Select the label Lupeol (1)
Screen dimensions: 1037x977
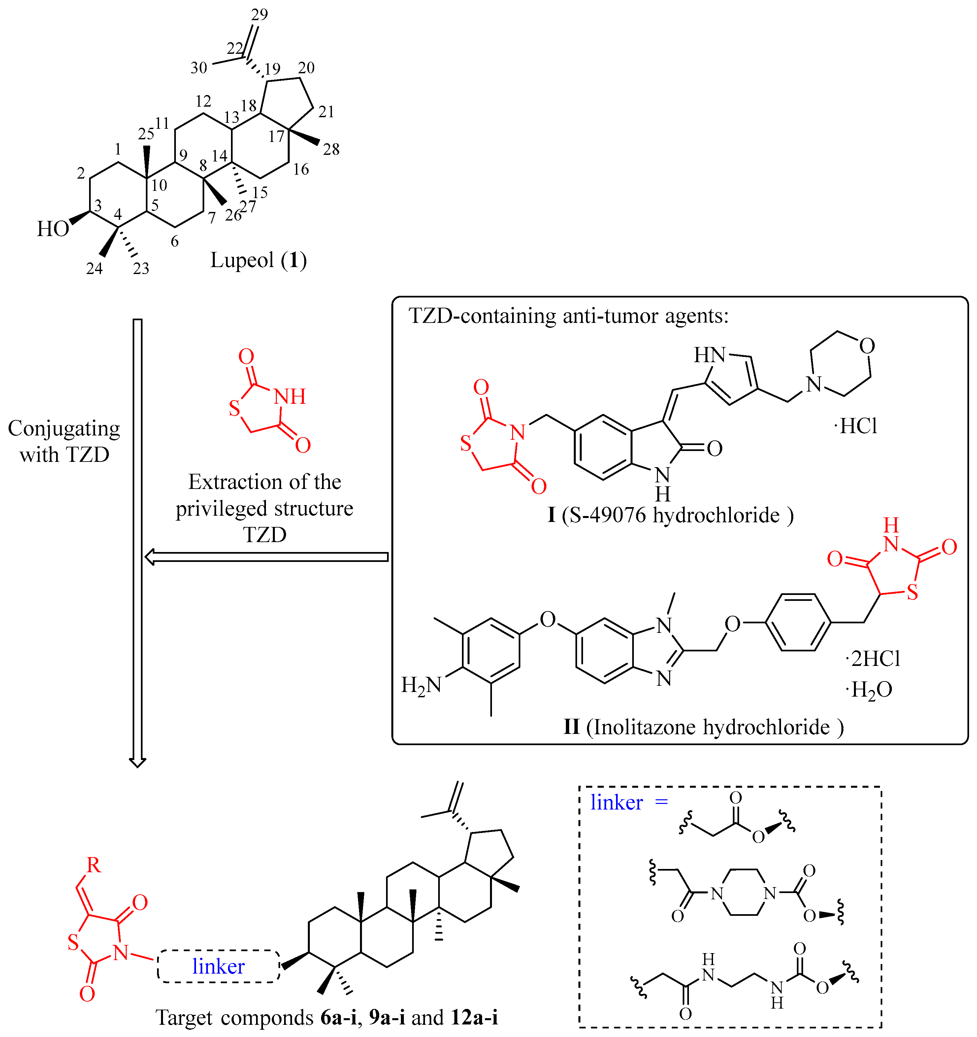point(259,260)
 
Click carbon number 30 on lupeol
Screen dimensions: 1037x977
point(199,68)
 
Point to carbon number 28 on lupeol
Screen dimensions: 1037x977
point(331,150)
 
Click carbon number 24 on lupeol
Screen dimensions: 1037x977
point(94,269)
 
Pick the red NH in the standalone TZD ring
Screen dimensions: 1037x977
point(290,397)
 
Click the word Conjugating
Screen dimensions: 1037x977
point(64,429)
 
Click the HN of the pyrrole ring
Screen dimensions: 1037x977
point(709,355)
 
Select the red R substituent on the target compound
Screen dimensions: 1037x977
point(94,865)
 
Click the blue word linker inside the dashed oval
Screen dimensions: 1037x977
point(218,967)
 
